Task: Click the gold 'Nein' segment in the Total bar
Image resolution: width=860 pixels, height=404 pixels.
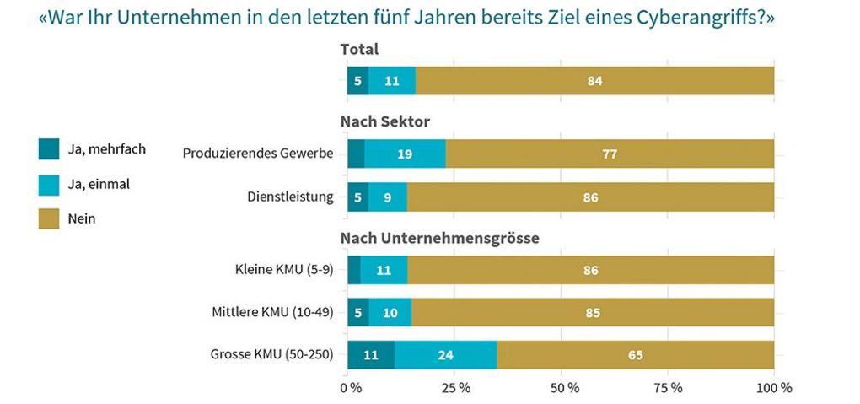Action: pos(594,81)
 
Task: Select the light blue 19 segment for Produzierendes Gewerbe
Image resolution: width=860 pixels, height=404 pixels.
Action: pos(405,154)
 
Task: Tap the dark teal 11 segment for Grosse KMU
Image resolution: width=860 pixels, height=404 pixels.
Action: pos(371,355)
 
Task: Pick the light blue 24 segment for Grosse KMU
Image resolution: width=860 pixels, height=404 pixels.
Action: pos(445,355)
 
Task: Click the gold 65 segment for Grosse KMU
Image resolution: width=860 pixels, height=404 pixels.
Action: pos(635,355)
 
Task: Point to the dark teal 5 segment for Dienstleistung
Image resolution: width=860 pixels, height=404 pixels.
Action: pos(358,197)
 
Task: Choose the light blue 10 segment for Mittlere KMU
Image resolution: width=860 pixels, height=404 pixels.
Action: pos(390,313)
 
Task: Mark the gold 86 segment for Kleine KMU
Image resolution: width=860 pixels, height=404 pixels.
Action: pos(590,271)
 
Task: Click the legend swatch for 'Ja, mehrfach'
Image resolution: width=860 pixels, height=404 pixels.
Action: pos(49,149)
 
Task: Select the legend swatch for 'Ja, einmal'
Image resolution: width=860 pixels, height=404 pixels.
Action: pos(49,184)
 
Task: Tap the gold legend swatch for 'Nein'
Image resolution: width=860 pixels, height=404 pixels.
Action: pos(49,218)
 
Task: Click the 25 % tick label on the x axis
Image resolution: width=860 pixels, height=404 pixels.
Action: pos(456,388)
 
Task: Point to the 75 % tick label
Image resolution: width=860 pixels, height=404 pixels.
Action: pos(668,388)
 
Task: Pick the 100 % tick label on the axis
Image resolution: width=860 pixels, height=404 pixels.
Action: pos(774,388)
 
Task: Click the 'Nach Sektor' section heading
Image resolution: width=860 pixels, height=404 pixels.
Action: pos(384,122)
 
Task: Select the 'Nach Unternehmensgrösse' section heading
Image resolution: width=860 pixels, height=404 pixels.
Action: pos(439,238)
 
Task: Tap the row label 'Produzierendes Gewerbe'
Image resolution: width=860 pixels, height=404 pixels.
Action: pos(258,154)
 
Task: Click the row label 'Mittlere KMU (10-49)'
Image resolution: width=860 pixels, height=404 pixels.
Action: pos(272,313)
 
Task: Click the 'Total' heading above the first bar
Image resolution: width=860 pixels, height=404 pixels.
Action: pos(359,50)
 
